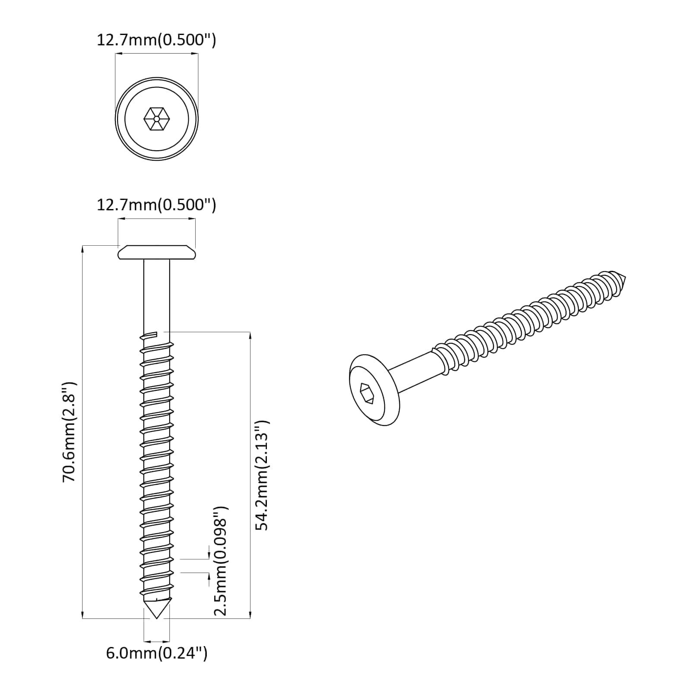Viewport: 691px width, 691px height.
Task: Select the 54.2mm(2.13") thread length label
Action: point(262,475)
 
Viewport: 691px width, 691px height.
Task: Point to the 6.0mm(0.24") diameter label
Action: point(157,653)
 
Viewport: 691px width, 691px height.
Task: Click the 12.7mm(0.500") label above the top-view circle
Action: point(156,40)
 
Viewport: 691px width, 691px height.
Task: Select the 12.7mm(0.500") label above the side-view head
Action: point(156,205)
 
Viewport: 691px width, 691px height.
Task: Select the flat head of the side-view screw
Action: point(157,252)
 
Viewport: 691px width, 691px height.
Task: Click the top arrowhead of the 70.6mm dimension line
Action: point(82,249)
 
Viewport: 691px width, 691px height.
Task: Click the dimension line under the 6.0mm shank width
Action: point(157,641)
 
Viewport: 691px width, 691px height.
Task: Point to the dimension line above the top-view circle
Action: point(156,54)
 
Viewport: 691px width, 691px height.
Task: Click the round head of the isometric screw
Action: point(374,390)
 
